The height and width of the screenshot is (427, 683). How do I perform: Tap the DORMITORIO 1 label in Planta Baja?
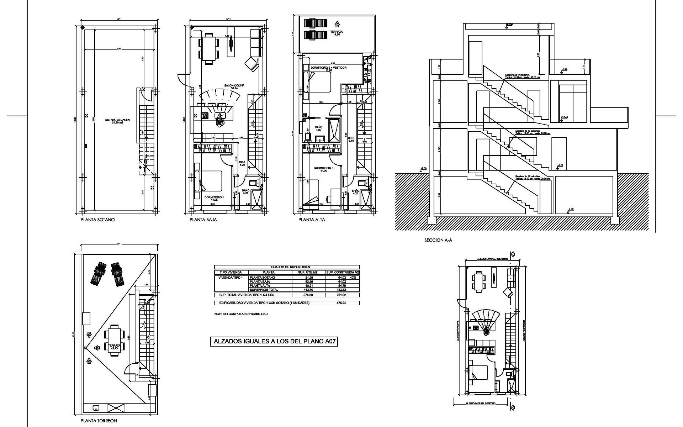[x=213, y=198]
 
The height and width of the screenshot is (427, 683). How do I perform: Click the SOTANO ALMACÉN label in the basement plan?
[x=117, y=121]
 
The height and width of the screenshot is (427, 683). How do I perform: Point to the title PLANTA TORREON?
[x=99, y=421]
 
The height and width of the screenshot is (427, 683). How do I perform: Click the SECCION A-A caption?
[x=438, y=240]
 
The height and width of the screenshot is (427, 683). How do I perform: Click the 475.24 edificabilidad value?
[x=341, y=303]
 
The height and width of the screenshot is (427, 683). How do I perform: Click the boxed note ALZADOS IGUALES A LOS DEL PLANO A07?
[x=274, y=342]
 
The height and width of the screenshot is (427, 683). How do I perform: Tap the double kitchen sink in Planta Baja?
[x=220, y=115]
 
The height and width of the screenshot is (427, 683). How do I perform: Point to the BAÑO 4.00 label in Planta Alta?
[x=319, y=128]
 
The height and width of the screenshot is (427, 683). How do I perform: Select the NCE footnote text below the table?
[x=240, y=314]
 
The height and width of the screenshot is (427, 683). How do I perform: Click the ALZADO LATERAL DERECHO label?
[x=481, y=404]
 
